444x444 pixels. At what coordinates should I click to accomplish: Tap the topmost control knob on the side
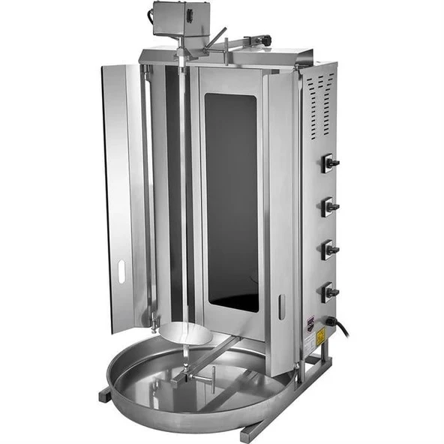tap(329, 163)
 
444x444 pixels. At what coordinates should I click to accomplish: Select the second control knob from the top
tap(329, 206)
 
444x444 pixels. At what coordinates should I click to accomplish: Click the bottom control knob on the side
tap(329, 292)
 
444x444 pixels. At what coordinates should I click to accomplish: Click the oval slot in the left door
tap(121, 270)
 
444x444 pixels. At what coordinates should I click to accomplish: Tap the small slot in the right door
tap(282, 307)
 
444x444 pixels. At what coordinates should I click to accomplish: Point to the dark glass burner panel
tap(232, 199)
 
